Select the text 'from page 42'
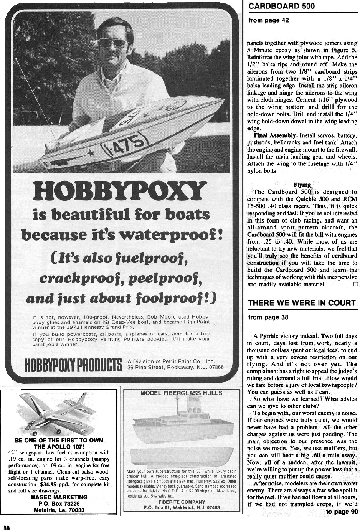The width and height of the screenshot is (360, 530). [x=268, y=21]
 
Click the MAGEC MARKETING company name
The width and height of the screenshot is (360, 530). [x=59, y=497]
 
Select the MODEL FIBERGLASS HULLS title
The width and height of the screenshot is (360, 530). [x=181, y=393]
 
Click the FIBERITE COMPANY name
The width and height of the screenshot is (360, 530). [x=182, y=502]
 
